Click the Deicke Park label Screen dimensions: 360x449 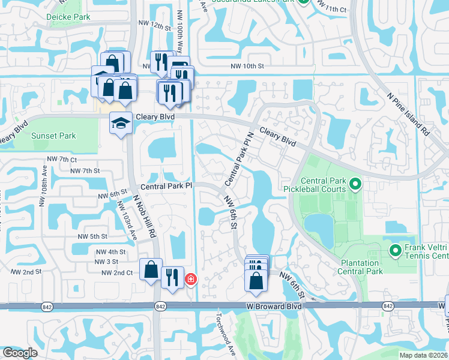(x=68, y=17)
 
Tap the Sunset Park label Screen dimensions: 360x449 (x=53, y=136)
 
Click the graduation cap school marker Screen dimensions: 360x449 (x=121, y=123)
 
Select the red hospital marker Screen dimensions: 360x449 (x=191, y=279)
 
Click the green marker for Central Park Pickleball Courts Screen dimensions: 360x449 (x=354, y=184)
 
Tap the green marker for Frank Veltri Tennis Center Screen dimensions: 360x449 (x=395, y=250)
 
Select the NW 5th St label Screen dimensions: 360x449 (x=92, y=236)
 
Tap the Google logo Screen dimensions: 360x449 (x=19, y=353)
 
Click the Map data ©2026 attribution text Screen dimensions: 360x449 (x=423, y=355)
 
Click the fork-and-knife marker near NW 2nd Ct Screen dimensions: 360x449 (x=172, y=277)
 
